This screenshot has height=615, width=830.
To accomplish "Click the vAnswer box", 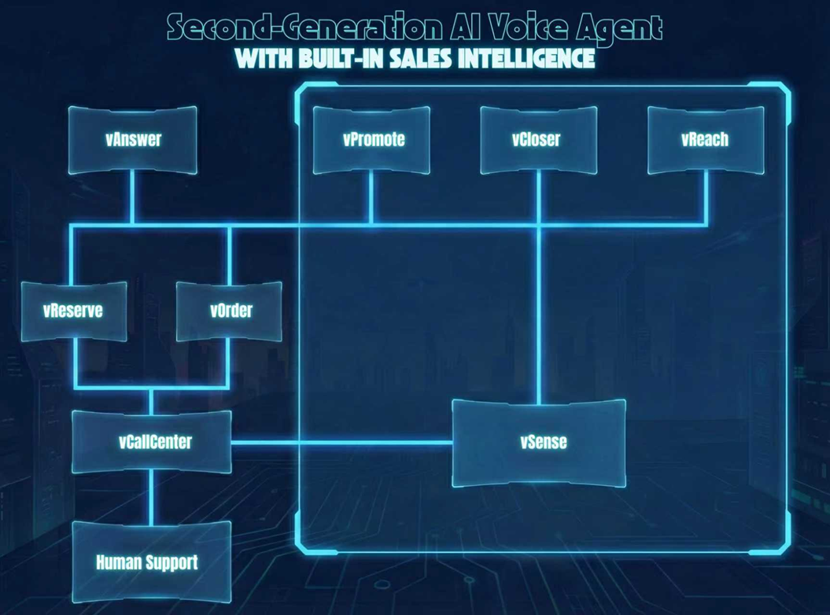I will [x=132, y=140].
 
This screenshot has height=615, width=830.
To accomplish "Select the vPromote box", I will [x=372, y=140].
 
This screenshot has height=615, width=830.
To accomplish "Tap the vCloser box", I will [x=538, y=140].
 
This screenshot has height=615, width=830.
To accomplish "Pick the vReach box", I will [x=705, y=140].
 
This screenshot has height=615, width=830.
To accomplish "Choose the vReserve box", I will [x=73, y=311].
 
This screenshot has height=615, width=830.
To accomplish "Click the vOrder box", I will [x=230, y=311].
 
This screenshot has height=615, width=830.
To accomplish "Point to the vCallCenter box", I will [x=152, y=442].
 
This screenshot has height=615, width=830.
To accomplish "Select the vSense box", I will [x=540, y=442].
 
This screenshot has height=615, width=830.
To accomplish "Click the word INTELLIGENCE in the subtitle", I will [x=519, y=59].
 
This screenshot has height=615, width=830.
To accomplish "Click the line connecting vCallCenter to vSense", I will [x=341, y=442].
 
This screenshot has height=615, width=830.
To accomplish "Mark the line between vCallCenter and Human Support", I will [x=152, y=498].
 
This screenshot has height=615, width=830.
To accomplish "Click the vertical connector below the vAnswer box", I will [x=132, y=200].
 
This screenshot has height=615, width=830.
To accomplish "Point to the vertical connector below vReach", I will [x=706, y=200].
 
